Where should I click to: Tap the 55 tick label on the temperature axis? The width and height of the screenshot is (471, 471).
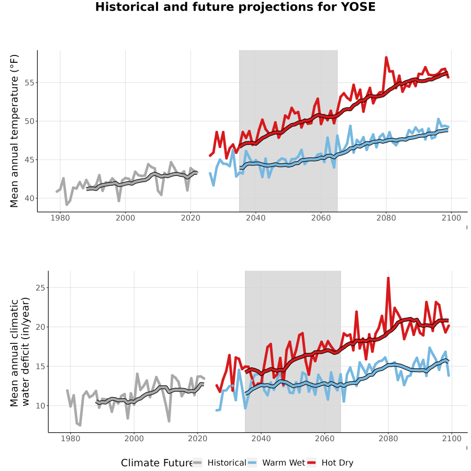tap(29, 83)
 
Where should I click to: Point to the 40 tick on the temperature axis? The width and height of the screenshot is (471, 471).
tap(29, 198)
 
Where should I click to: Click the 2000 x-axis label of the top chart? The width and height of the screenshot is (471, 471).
tap(125, 218)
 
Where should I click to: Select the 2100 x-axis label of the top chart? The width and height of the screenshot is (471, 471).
tap(451, 218)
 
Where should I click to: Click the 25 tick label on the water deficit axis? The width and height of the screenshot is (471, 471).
tap(40, 288)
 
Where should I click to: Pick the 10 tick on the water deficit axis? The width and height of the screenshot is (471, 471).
tap(40, 406)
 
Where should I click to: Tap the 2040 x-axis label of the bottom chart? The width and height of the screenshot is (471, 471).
tap(261, 438)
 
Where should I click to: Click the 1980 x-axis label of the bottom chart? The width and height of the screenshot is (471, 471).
tap(71, 438)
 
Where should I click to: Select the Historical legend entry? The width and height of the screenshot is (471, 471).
tap(219, 463)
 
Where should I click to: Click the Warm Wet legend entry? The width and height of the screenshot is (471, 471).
tap(277, 463)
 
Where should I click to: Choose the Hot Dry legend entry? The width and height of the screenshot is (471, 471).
tap(330, 463)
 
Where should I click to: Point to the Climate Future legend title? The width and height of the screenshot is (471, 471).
tap(156, 463)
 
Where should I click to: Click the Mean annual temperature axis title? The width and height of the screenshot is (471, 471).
tap(14, 131)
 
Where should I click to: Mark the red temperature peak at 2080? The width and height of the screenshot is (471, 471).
tap(386, 57)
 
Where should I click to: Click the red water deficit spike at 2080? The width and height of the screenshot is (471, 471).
tap(388, 278)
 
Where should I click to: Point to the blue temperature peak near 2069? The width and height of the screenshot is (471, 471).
tap(350, 126)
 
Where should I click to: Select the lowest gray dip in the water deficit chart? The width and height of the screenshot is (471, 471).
tap(80, 425)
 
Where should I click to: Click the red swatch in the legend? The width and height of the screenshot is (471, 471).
tap(311, 463)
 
